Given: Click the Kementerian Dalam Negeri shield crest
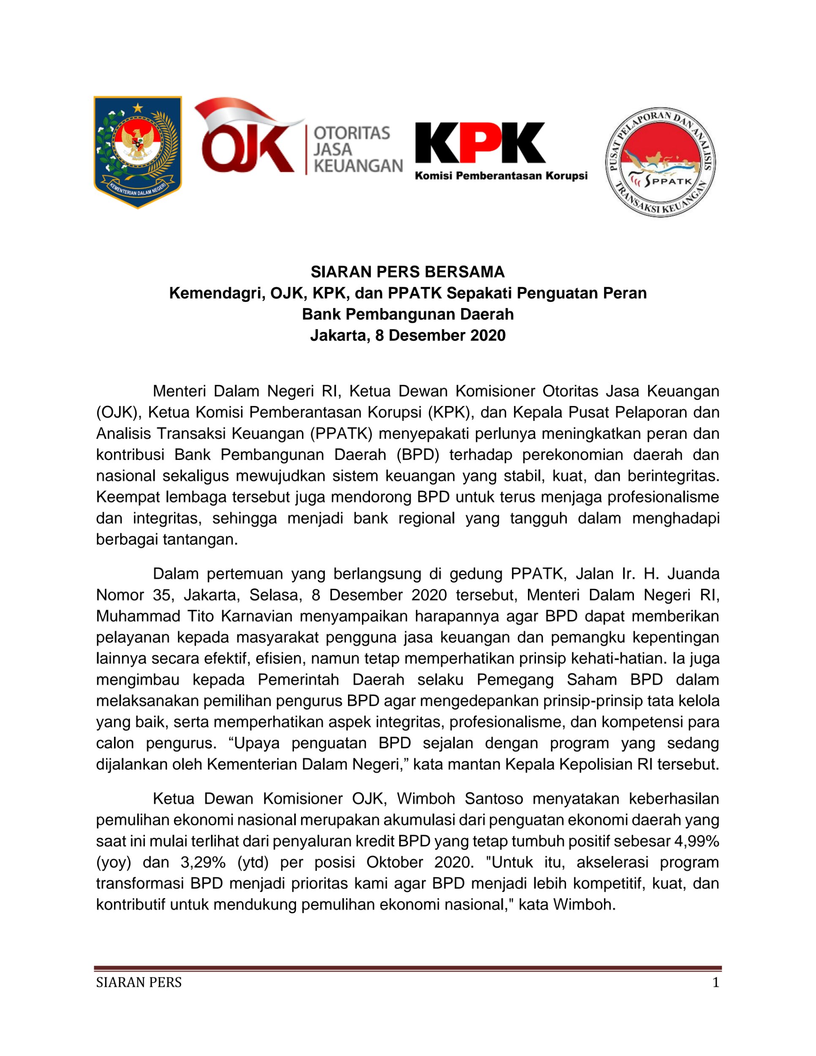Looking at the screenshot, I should [138, 152].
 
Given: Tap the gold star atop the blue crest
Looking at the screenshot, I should [138, 107].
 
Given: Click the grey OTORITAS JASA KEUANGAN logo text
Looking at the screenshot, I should [358, 150].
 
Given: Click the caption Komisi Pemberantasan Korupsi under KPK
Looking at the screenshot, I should [501, 176].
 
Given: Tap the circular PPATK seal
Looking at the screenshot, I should [660, 162].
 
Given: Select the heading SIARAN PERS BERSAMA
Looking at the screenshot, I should [408, 272].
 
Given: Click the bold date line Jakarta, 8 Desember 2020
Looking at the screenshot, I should [408, 335].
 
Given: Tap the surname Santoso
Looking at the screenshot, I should [494, 799].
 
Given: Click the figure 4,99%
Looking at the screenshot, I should [696, 841].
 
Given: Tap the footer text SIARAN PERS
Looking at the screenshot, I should [139, 983].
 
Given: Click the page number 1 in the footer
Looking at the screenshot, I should [715, 983].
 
